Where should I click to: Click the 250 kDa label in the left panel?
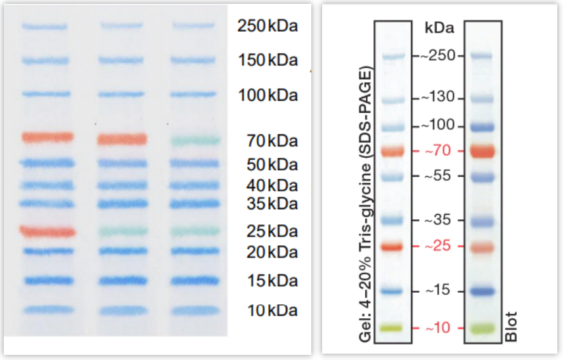point(267,27)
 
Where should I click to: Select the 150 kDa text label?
point(267,61)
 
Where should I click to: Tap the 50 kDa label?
point(271,165)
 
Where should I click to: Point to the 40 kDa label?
point(271,186)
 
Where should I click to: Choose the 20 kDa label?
point(271,252)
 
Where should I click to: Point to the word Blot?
point(512,326)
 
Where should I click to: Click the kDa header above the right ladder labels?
point(439,28)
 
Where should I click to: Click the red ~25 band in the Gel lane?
point(393,246)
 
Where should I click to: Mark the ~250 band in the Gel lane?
point(393,56)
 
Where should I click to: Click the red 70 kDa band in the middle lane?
point(122,139)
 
